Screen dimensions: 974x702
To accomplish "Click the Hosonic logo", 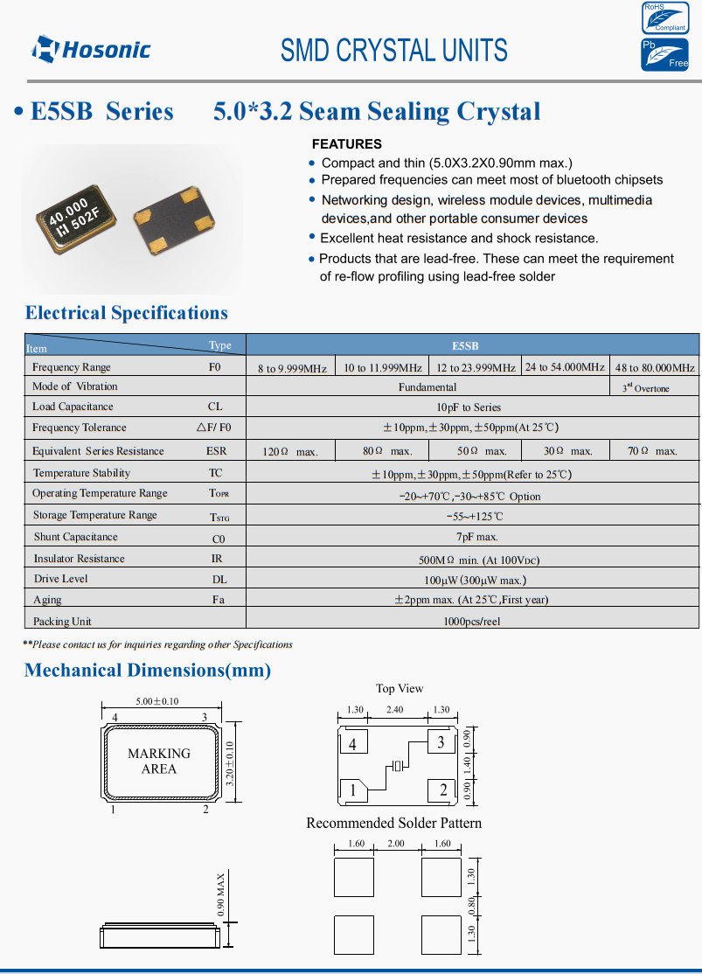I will coord(91,49).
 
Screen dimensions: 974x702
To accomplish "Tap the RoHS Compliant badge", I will coord(664,17).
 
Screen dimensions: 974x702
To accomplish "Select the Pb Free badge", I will coord(664,54).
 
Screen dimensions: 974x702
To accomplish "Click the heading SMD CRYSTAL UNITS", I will coord(393,50).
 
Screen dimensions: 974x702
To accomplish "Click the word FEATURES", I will coord(347,143).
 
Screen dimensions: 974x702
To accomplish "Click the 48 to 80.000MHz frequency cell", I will coord(655,367).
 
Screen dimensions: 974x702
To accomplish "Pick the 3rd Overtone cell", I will coord(654,387).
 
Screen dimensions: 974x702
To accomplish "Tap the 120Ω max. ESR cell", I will coord(290,451).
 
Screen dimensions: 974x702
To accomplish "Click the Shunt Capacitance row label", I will coord(75,537).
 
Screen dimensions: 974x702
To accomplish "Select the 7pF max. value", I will coord(472,537).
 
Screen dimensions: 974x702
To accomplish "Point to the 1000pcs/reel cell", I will coord(472,622).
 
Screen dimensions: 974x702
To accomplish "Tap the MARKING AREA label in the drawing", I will coord(159,761).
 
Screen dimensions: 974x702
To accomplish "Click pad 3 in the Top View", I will coord(441,743).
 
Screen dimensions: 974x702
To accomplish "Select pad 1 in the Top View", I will coord(353,790).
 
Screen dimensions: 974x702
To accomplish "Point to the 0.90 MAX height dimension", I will coord(222,893).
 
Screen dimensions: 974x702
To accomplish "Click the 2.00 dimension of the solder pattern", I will coord(397,844).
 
